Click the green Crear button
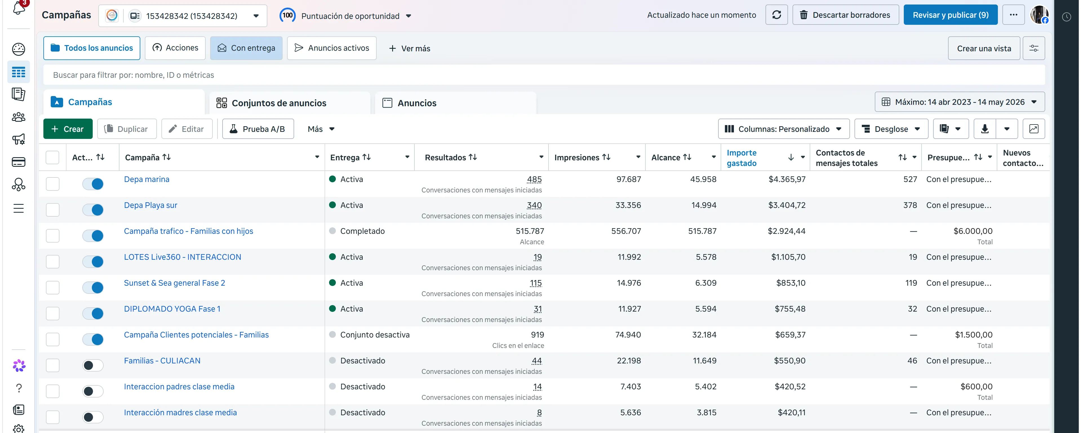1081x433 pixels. click(68, 129)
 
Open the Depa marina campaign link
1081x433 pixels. click(146, 179)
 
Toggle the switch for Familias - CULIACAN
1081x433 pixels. click(93, 365)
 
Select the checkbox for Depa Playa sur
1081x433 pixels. click(52, 210)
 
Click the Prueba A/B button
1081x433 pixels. click(258, 129)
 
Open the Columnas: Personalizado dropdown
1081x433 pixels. click(783, 129)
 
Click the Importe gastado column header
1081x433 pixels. click(742, 158)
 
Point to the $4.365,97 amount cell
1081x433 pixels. click(787, 179)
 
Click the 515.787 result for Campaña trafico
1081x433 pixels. click(530, 231)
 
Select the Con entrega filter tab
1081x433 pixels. click(246, 48)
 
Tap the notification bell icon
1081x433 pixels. click(19, 8)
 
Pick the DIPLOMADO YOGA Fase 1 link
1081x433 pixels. click(172, 309)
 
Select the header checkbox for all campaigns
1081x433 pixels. click(52, 157)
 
